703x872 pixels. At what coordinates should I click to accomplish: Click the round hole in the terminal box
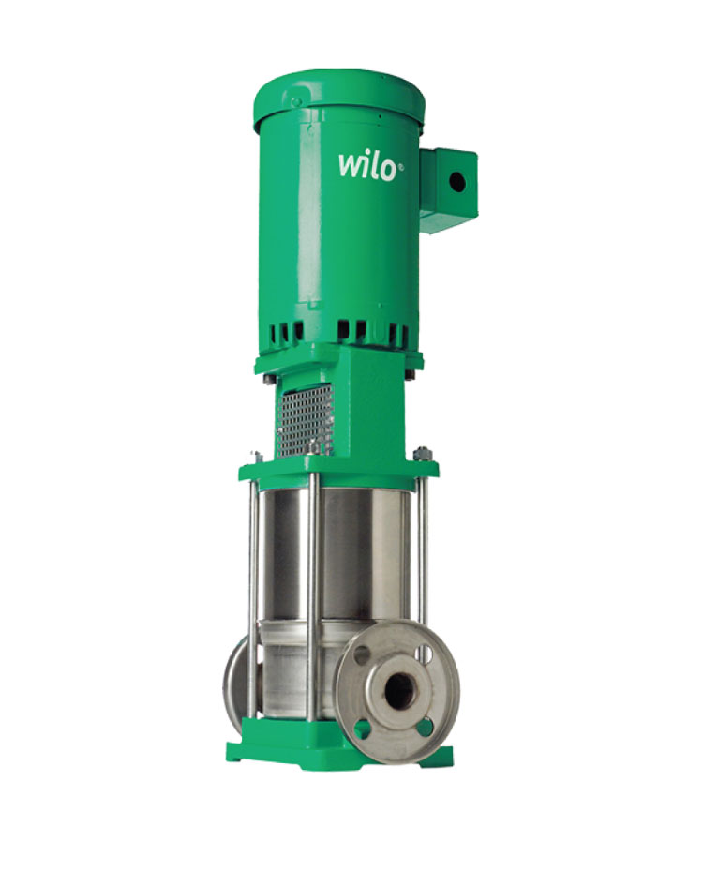(x=456, y=183)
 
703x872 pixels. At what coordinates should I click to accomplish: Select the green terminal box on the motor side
(x=448, y=188)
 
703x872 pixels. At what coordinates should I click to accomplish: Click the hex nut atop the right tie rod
(x=421, y=455)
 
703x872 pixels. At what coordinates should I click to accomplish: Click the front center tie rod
(x=312, y=600)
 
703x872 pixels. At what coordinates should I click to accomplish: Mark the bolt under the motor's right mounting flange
(x=411, y=375)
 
